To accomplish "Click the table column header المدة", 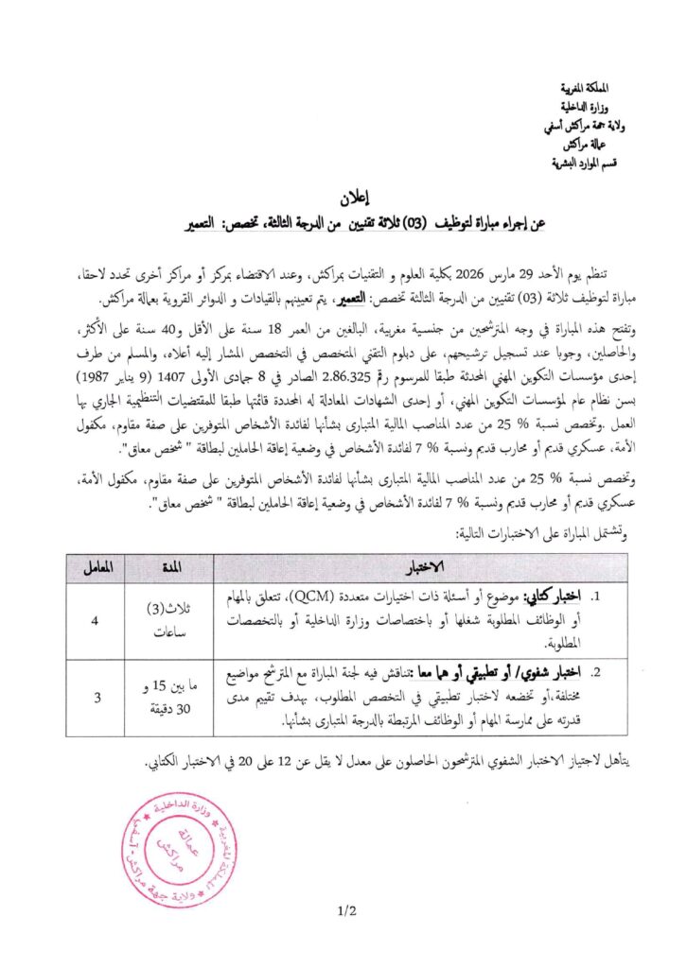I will pyautogui.click(x=177, y=566).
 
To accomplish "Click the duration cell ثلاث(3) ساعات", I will pyautogui.click(x=177, y=621).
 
